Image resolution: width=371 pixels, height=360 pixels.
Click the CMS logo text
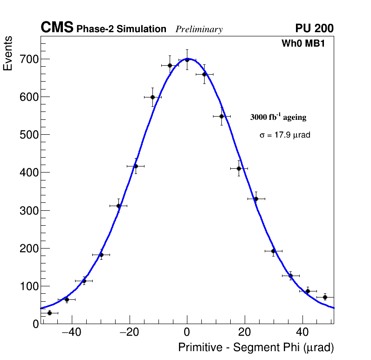coord(57,28)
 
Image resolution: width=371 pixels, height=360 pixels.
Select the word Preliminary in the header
coord(199,29)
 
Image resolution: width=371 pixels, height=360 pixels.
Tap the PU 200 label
coord(314,28)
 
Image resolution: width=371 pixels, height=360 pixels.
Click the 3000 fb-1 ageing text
coord(278,117)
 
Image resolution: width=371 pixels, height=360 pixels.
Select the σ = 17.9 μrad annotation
coord(285,135)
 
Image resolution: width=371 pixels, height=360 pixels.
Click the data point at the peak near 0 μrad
coord(187,60)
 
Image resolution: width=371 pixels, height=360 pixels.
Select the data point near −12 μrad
coord(152,97)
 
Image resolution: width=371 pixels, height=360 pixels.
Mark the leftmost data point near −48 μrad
coord(49,313)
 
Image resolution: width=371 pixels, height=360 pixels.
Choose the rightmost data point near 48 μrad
coord(325,297)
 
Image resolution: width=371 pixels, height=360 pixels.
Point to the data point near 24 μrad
coord(256,199)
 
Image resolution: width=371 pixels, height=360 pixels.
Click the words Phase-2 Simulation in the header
coord(121,29)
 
